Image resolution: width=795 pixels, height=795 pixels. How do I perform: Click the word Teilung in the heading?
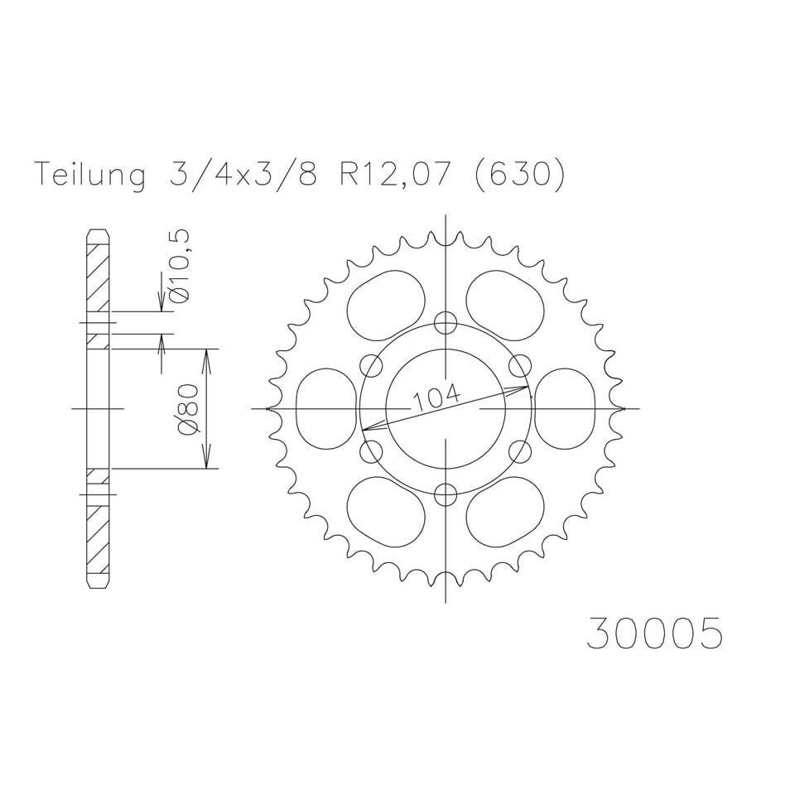pyautogui.click(x=89, y=175)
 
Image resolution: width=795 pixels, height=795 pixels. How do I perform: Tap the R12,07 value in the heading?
pyautogui.click(x=393, y=176)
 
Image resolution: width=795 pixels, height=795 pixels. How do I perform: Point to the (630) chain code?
pyautogui.click(x=518, y=176)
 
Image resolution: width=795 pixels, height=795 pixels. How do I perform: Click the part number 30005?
pyautogui.click(x=654, y=632)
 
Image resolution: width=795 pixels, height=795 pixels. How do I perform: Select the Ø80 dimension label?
pyautogui.click(x=188, y=408)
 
